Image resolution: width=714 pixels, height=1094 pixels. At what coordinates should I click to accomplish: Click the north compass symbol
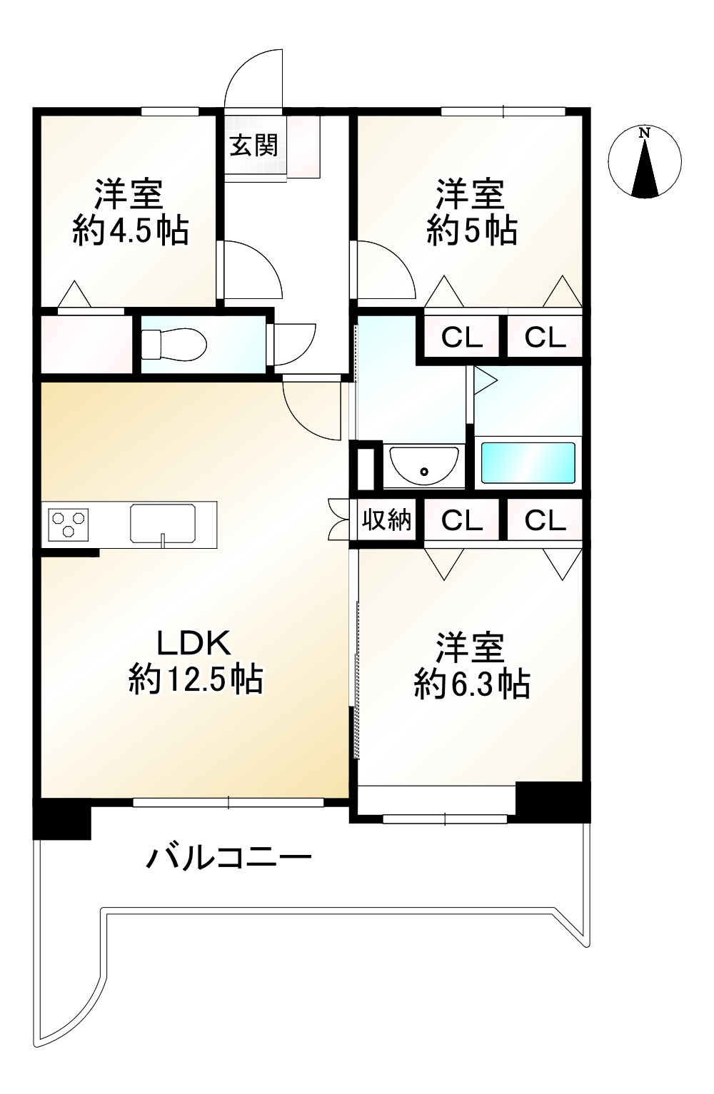pyautogui.click(x=645, y=162)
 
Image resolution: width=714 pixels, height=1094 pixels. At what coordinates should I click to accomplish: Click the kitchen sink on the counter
pyautogui.click(x=164, y=525)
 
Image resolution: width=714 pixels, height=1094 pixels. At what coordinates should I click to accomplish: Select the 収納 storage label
pyautogui.click(x=386, y=520)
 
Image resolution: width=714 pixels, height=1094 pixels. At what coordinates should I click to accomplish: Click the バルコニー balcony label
pyautogui.click(x=229, y=856)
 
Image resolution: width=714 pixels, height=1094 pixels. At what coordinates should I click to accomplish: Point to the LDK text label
pyautogui.click(x=193, y=643)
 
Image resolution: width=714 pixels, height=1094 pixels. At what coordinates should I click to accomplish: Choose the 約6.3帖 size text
pyautogui.click(x=471, y=684)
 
